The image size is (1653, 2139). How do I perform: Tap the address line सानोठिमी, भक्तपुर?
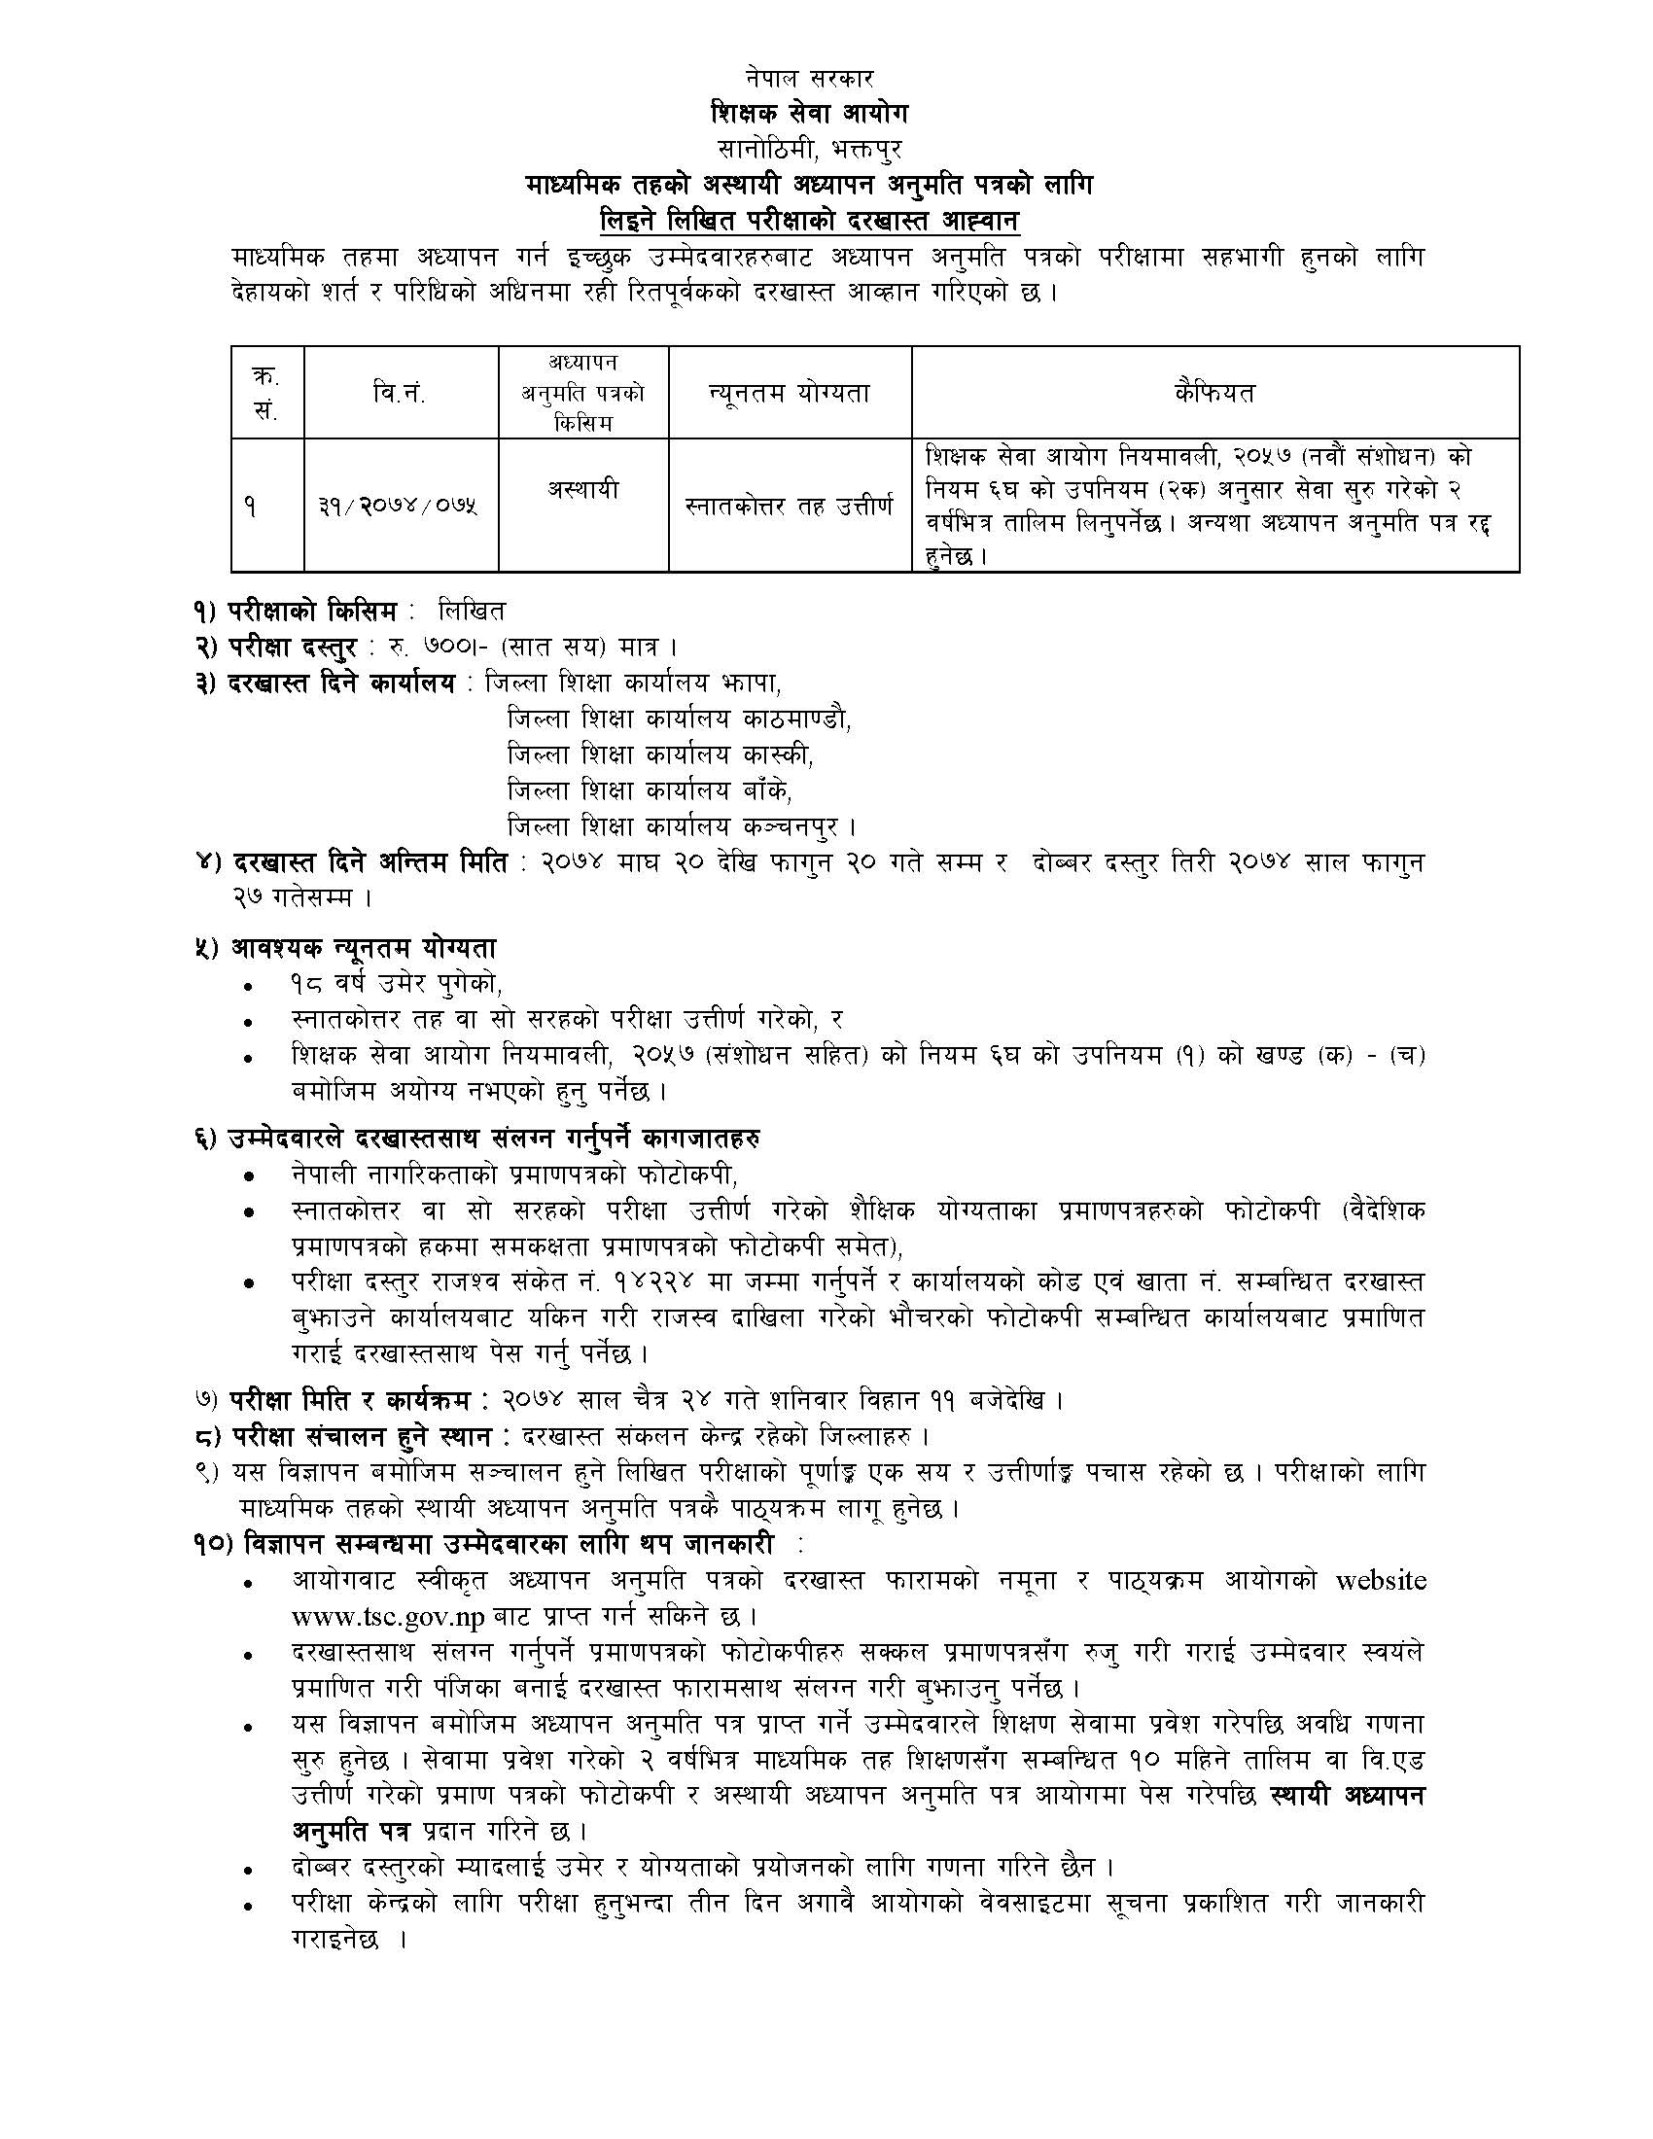click(809, 149)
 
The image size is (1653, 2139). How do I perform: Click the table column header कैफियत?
click(1214, 394)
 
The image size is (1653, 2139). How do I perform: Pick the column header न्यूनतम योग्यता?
click(790, 394)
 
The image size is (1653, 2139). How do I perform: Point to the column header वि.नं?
click(400, 394)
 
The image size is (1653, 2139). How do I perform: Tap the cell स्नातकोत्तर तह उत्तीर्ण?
click(790, 508)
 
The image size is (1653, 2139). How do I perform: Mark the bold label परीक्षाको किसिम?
click(313, 613)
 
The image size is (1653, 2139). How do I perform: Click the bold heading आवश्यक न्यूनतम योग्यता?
click(365, 948)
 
